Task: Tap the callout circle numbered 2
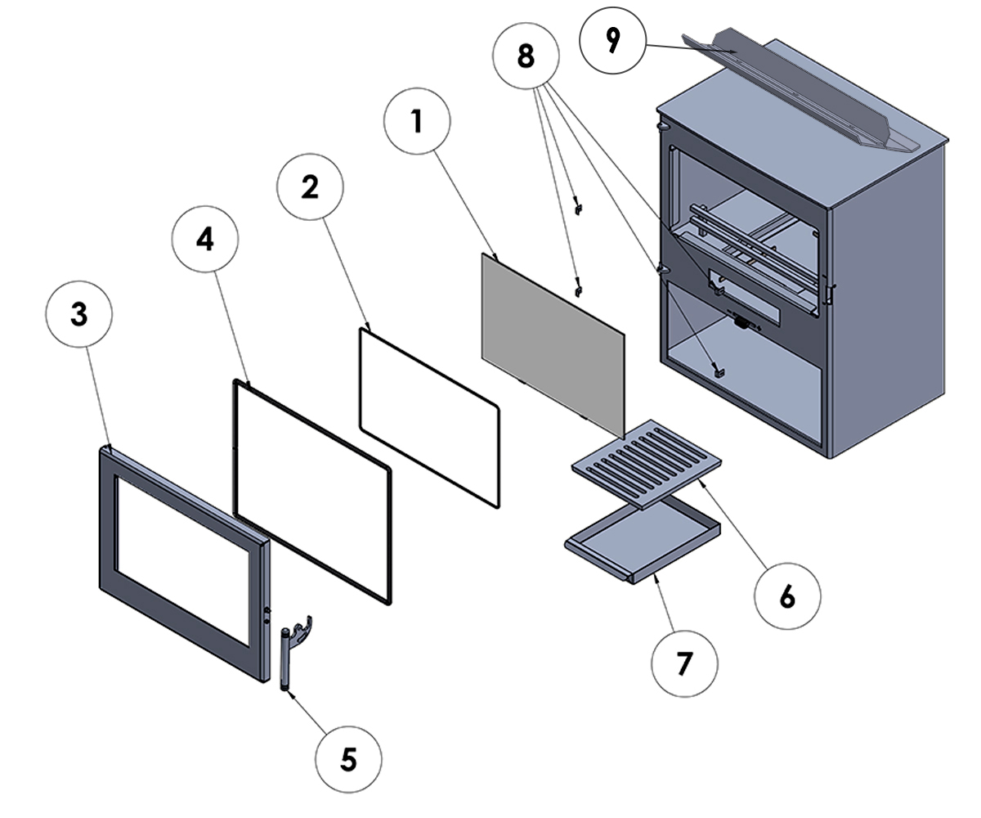(x=310, y=187)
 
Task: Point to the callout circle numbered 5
(x=349, y=760)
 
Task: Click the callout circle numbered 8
(x=526, y=56)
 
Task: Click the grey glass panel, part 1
(x=552, y=344)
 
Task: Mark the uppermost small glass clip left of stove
(x=578, y=206)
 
